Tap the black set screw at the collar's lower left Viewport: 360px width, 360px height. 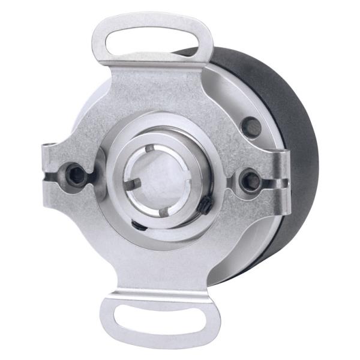137,226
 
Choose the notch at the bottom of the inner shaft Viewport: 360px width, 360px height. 164,211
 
